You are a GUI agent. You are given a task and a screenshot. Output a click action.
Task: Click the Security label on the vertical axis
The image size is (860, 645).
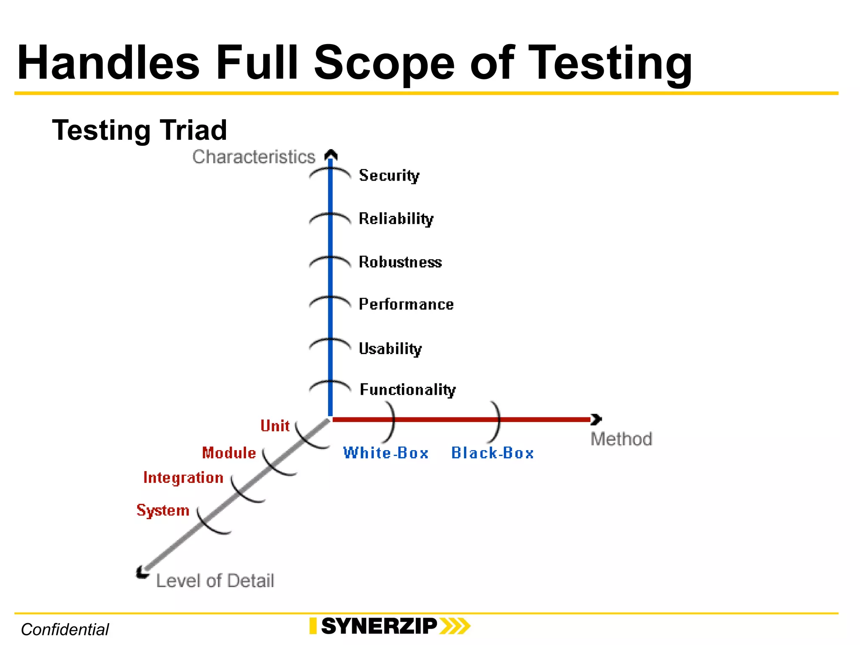[389, 176]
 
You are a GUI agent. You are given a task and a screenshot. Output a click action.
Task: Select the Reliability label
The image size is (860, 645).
[396, 219]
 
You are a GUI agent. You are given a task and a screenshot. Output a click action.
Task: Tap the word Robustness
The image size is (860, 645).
[400, 262]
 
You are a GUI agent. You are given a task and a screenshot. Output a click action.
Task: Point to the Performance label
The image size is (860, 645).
[406, 304]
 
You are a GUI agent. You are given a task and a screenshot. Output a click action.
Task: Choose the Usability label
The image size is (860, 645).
[390, 349]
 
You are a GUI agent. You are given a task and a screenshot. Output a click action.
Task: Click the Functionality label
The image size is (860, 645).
[408, 390]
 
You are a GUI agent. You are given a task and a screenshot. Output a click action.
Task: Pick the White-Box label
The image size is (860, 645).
[385, 453]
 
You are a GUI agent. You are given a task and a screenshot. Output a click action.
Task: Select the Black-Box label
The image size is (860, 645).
[492, 453]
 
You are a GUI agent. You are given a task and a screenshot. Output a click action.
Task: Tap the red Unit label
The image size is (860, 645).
[275, 426]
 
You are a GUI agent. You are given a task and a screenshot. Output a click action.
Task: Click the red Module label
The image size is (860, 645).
[229, 453]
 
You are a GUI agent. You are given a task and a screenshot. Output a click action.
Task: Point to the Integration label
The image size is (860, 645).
[183, 478]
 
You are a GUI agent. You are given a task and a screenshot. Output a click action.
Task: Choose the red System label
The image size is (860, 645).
[163, 510]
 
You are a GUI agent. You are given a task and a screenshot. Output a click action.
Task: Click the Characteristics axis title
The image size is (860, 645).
[254, 157]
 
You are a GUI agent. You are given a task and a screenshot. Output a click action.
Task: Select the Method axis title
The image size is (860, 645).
[621, 439]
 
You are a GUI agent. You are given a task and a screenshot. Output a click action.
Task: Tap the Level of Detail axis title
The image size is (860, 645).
[215, 581]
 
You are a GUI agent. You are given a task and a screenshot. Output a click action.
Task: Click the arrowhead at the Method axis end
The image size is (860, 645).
[596, 419]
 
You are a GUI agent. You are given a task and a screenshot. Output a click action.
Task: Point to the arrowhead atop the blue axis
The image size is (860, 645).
[331, 155]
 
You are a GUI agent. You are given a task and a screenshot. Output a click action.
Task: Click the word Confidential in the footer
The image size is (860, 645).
[65, 629]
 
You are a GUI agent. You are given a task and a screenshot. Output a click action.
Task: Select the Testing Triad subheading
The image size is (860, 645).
[139, 130]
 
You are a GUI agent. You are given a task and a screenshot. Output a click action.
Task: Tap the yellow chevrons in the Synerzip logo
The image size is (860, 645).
[455, 626]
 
